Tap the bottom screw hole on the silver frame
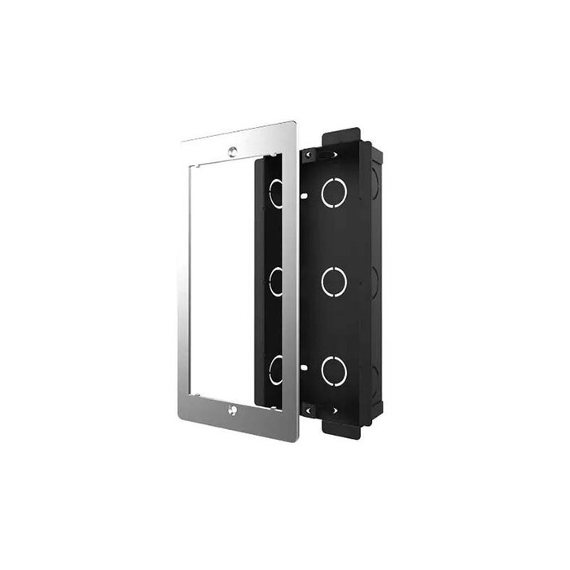click(x=233, y=410)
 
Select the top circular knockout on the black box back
click(x=334, y=192)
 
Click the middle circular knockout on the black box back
click(x=334, y=282)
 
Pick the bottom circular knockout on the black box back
click(x=334, y=371)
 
